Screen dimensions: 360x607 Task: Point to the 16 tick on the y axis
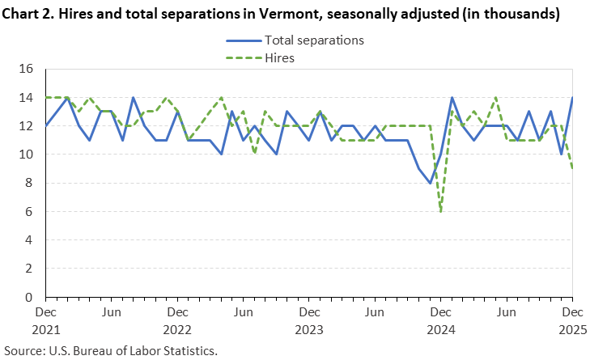point(24,70)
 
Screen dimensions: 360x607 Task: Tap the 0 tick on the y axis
point(28,297)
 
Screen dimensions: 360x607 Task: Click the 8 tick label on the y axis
point(28,183)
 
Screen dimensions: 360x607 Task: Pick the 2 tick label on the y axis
point(28,269)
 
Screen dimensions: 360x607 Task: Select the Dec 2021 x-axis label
point(46,321)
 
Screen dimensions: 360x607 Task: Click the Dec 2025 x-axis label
point(571,321)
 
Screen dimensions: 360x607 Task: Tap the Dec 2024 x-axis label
point(440,321)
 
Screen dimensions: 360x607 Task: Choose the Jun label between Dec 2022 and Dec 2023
point(243,311)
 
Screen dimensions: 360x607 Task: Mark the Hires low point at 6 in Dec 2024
point(441,211)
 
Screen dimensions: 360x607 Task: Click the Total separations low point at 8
point(430,183)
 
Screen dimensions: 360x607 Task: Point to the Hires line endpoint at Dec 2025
point(572,168)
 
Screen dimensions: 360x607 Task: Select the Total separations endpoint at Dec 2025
point(572,98)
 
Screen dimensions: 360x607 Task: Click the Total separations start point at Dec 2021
point(46,126)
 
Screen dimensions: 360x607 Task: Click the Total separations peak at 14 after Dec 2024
point(452,98)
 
